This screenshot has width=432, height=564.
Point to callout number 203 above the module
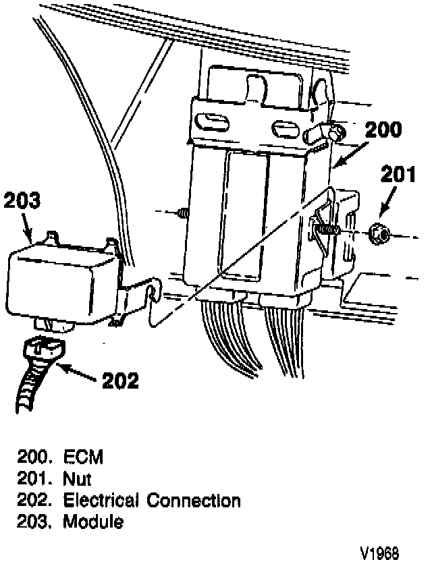(22, 200)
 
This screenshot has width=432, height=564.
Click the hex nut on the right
(380, 235)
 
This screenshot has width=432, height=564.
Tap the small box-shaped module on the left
(61, 283)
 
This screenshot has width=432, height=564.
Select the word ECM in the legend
(83, 457)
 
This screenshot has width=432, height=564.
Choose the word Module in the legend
(93, 521)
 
